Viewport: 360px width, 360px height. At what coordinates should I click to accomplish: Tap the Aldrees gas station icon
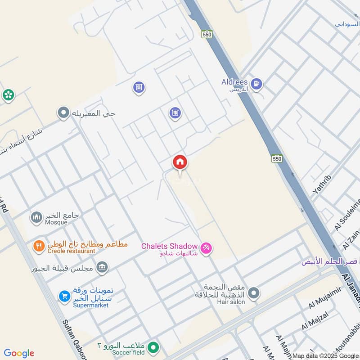256,83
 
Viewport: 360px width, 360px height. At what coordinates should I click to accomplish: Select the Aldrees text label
234,82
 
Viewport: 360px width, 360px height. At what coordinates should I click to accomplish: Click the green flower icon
8,95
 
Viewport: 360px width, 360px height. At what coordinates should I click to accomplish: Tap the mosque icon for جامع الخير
36,218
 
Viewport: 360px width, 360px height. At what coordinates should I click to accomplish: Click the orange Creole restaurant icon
39,246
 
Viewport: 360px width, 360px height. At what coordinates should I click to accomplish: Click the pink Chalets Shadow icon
206,247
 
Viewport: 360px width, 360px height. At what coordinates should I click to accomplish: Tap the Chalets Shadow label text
169,246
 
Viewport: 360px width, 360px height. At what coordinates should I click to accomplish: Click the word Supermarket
90,305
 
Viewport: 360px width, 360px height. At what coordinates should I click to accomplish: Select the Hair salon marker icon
254,293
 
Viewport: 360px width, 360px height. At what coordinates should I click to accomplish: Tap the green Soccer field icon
154,348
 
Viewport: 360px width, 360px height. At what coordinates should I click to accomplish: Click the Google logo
19,353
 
